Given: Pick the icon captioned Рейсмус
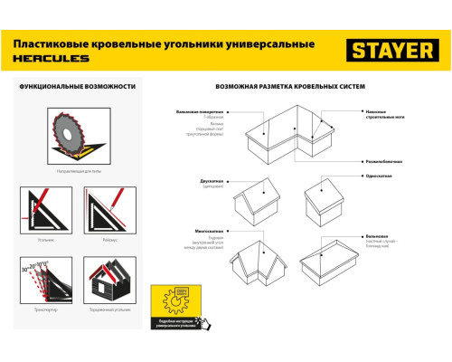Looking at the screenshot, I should (x=102, y=208).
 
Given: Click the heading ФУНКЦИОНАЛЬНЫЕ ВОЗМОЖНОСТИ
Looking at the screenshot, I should (x=71, y=86).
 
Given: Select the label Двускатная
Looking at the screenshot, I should (x=212, y=180).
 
